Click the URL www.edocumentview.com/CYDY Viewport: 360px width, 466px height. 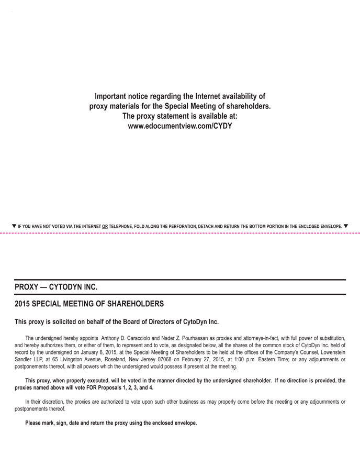tap(179, 126)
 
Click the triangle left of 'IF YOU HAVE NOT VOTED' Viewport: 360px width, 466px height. tap(14, 226)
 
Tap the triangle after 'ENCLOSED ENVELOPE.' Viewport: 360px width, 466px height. tap(346, 226)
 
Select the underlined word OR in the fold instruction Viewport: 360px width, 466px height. tap(105, 227)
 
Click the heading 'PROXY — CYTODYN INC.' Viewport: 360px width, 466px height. tap(56, 287)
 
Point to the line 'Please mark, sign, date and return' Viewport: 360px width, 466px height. tap(111, 423)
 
